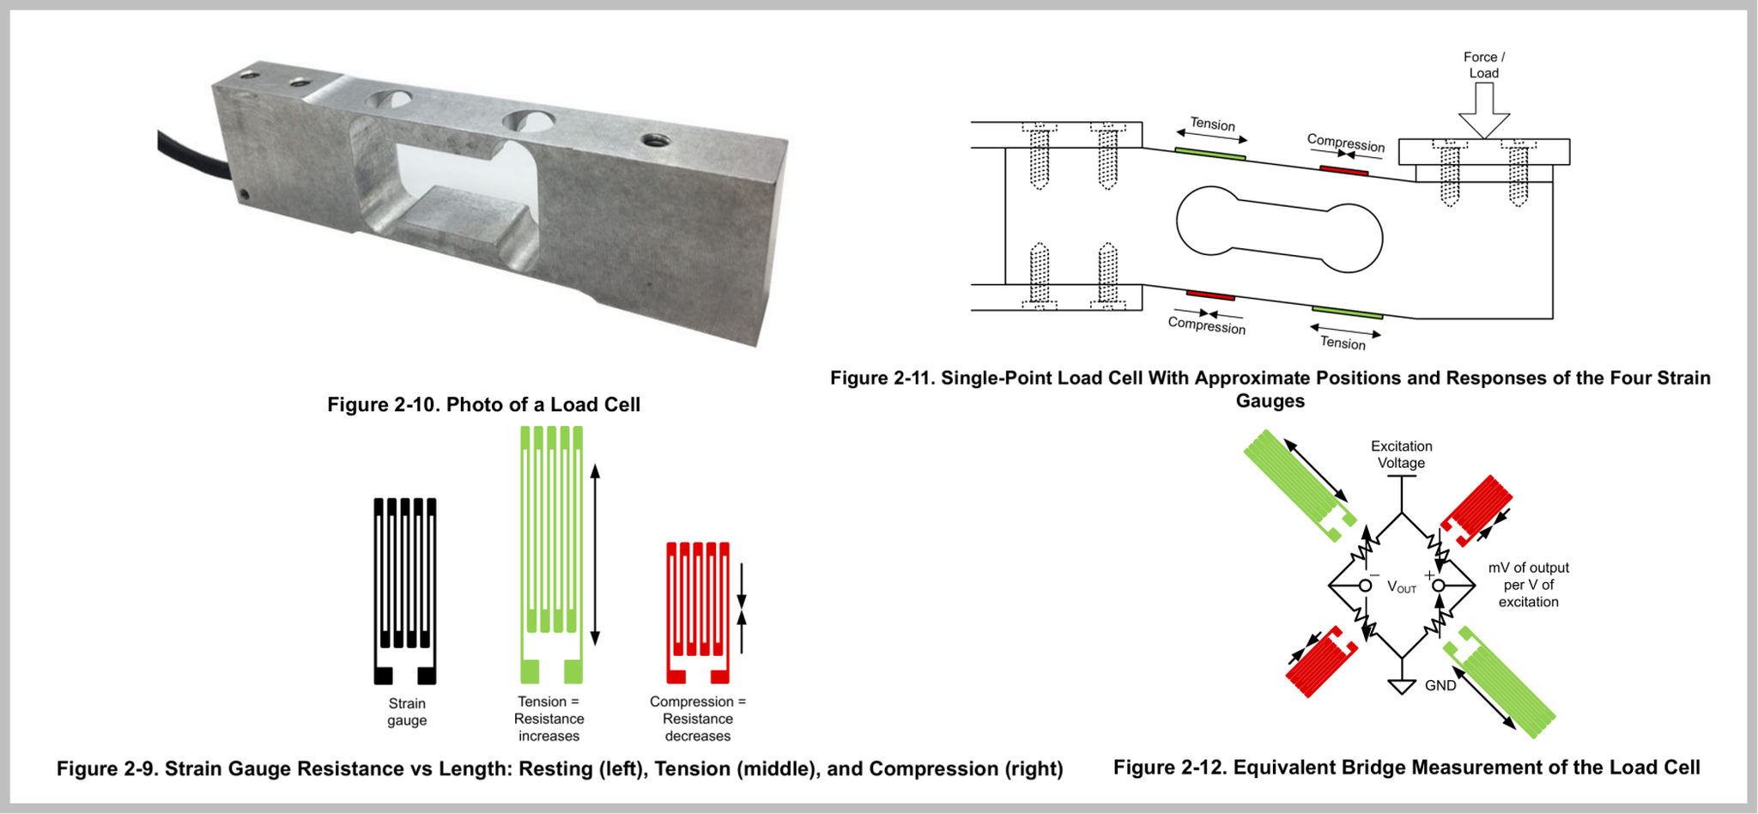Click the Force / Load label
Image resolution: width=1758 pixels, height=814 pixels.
1483,65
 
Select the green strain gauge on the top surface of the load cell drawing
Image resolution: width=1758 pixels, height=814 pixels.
1209,154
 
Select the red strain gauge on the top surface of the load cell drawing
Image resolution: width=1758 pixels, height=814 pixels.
1343,171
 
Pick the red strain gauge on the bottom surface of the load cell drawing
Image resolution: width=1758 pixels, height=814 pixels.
1210,295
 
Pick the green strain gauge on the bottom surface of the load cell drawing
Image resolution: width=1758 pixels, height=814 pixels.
1347,312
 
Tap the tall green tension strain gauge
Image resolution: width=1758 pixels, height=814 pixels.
551,554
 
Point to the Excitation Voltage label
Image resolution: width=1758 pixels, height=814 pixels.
1401,454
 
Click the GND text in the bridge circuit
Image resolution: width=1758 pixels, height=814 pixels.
1440,685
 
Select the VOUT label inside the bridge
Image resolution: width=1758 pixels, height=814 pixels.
1402,587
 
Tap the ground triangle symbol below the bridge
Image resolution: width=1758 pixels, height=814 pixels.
1402,686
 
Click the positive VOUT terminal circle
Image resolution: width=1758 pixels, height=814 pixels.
1439,586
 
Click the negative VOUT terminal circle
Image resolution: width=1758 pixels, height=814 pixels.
1365,586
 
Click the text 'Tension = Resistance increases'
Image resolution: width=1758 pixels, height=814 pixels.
549,719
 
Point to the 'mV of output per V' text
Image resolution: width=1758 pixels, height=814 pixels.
1528,585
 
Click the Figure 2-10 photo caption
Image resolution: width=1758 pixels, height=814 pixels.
483,404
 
